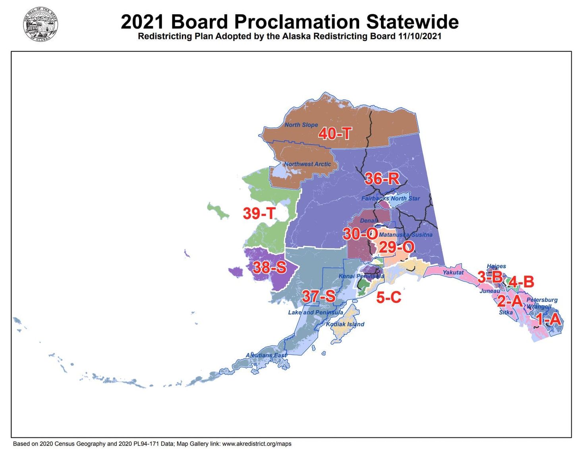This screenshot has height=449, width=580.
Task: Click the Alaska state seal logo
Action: [41, 25]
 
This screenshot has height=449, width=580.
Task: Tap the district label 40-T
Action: [335, 134]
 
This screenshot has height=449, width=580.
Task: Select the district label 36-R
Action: [382, 179]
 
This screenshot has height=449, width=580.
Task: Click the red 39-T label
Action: [259, 213]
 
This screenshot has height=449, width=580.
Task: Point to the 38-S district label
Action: [269, 267]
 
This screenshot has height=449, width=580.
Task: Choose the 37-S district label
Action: [319, 296]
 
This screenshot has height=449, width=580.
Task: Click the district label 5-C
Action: [389, 297]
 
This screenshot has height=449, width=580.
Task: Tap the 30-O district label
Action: [360, 234]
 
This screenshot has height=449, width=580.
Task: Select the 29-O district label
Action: [396, 247]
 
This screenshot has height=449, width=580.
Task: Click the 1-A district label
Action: [548, 319]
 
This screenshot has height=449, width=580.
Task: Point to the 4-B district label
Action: [521, 282]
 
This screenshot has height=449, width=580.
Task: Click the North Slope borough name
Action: [301, 125]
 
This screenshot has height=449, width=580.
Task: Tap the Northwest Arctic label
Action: [307, 164]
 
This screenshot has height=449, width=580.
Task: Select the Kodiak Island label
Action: [345, 324]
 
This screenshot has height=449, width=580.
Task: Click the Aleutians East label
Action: [266, 355]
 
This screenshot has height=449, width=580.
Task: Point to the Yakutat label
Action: [453, 273]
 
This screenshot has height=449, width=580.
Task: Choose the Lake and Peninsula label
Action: [315, 312]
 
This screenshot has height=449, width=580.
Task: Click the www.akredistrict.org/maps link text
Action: [257, 443]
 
